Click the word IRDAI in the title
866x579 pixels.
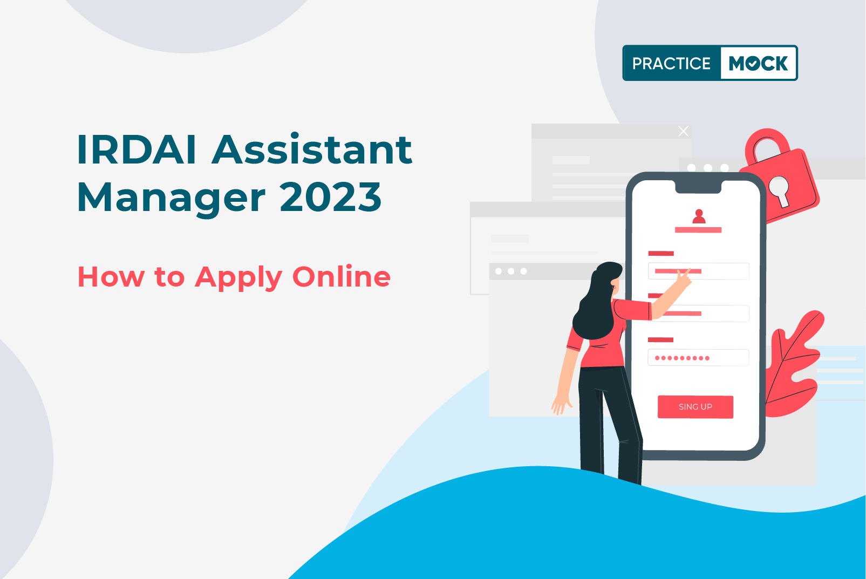[137, 149]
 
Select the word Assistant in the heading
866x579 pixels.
[312, 149]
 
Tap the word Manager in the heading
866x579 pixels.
[172, 197]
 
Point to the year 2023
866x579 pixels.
[331, 197]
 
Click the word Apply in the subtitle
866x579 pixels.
[238, 278]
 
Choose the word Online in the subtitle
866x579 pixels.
[341, 277]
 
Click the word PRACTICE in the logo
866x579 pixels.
[671, 64]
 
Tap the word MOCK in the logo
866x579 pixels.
[758, 64]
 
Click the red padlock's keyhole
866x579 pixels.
[779, 189]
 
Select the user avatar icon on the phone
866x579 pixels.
[699, 216]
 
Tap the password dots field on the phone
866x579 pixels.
[698, 358]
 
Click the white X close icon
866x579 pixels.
[683, 131]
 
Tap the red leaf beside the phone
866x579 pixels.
[793, 367]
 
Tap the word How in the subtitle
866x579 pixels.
[111, 277]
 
